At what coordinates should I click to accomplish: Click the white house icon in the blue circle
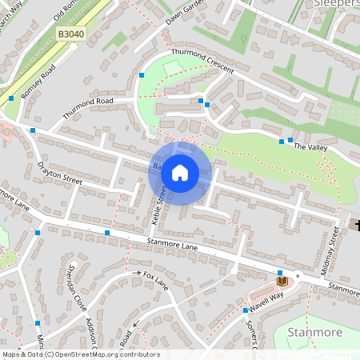click(x=180, y=172)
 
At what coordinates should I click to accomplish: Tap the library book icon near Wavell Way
click(x=282, y=281)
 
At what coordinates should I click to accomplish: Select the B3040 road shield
click(x=70, y=34)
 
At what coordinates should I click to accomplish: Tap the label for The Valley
click(x=311, y=148)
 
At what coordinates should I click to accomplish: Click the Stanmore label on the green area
click(x=314, y=332)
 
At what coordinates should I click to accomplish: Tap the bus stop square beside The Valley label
click(x=281, y=142)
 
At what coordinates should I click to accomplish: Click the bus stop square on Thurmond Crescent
click(x=207, y=104)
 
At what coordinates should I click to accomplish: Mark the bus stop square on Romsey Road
click(x=11, y=98)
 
